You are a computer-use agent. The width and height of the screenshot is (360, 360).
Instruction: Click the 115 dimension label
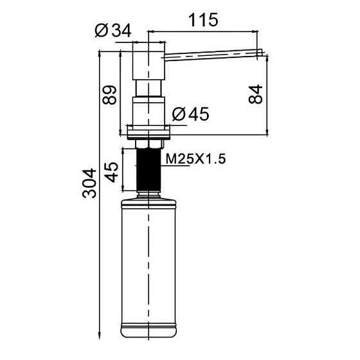(x=203, y=20)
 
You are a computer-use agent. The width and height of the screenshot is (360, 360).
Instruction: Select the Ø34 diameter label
(x=113, y=30)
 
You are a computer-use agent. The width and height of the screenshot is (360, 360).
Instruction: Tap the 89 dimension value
(x=109, y=95)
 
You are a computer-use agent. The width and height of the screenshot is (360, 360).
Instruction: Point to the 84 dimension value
(x=255, y=94)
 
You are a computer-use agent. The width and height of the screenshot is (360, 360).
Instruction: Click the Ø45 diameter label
(x=190, y=114)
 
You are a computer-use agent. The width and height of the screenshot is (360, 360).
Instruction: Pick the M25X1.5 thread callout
(x=195, y=159)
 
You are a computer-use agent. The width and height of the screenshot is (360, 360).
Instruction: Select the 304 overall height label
(x=89, y=183)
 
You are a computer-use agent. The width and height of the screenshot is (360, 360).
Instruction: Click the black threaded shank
(x=148, y=170)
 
